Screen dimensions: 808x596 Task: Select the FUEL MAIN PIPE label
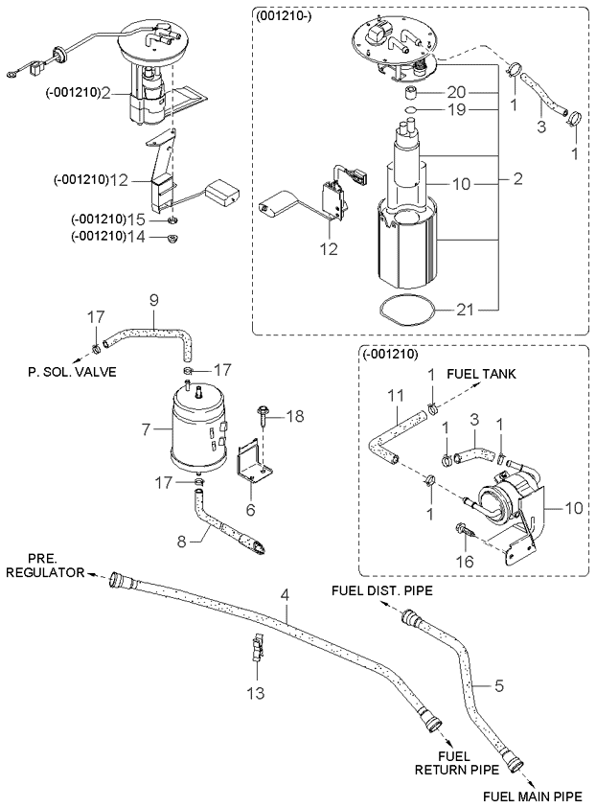coord(531,796)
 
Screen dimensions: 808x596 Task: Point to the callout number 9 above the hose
coord(154,299)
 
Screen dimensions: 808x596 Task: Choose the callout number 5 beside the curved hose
coord(498,685)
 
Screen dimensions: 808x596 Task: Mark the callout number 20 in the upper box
coord(457,92)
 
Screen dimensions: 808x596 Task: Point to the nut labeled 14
coord(173,238)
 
